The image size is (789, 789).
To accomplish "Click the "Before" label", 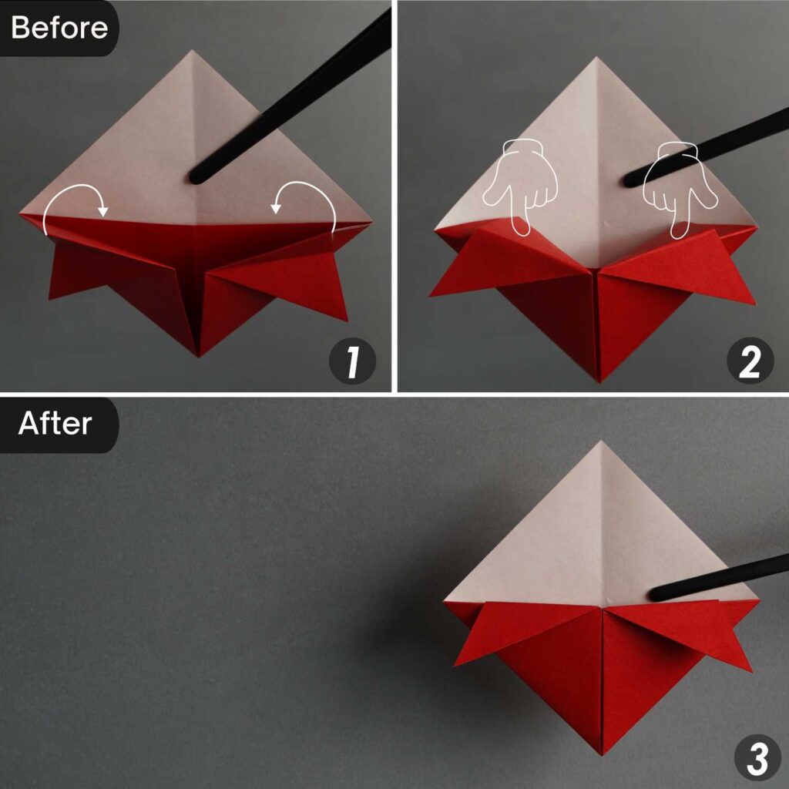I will (x=59, y=28).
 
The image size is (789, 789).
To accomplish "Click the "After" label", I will (x=55, y=423).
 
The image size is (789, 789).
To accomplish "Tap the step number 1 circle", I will (x=352, y=362).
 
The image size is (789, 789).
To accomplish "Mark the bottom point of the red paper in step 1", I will (x=199, y=356).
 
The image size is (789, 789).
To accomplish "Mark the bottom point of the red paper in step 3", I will (x=603, y=754).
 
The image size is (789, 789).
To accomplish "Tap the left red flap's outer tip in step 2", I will (x=431, y=296).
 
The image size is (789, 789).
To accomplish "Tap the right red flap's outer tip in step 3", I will (x=750, y=671).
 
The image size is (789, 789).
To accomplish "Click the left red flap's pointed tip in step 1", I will (x=50, y=298).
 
